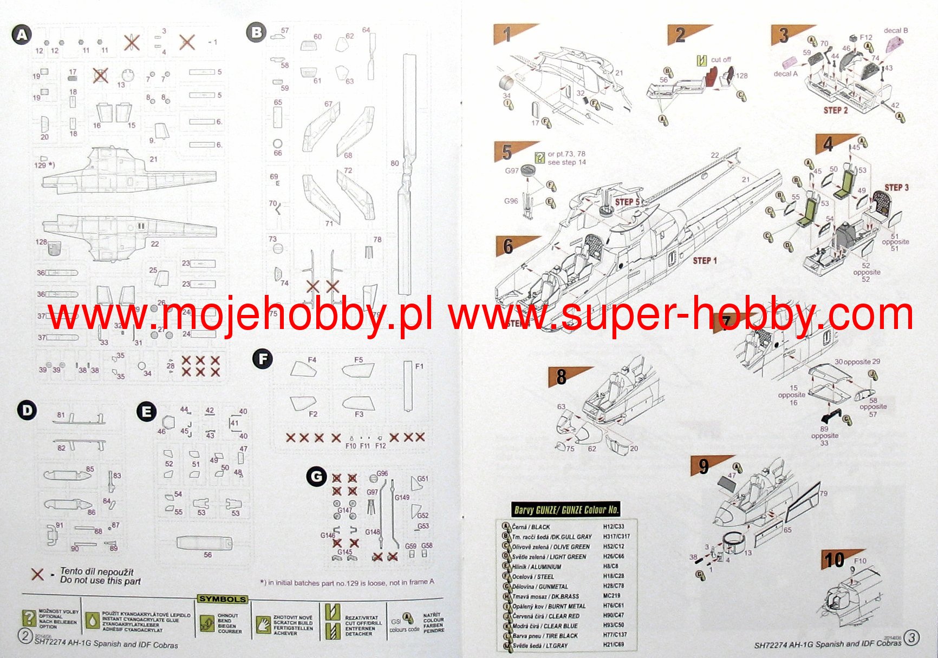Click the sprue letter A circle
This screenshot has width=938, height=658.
tap(21, 36)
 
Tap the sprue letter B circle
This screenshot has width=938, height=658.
tap(256, 33)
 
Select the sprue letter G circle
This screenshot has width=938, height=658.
tap(316, 477)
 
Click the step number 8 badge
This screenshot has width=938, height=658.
tap(562, 377)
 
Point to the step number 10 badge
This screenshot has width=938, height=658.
tap(834, 560)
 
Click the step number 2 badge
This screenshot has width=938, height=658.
tap(680, 36)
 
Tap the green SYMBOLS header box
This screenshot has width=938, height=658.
tap(222, 599)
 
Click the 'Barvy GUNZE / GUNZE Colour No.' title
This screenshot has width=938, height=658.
tap(566, 510)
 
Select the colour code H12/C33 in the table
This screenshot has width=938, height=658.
tap(614, 527)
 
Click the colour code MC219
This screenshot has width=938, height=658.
tap(611, 596)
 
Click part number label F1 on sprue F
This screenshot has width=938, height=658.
tap(419, 366)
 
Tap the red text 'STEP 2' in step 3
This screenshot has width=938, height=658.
tap(836, 110)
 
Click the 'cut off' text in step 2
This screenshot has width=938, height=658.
tap(721, 60)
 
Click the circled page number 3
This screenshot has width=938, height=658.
tap(911, 638)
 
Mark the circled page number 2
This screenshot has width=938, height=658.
tap(25, 636)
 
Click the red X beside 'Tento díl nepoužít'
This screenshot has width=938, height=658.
tap(37, 575)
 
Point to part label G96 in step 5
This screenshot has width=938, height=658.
tap(511, 201)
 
